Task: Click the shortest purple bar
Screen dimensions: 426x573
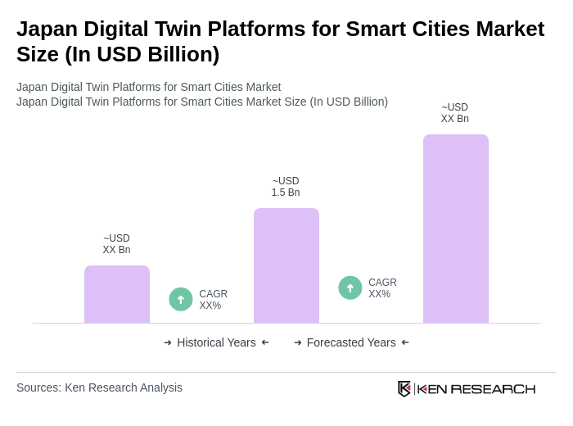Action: click(x=117, y=294)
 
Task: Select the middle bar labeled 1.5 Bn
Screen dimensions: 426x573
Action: click(x=286, y=265)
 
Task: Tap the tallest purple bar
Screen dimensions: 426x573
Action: click(x=456, y=229)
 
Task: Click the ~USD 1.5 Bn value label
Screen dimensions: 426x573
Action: click(x=286, y=187)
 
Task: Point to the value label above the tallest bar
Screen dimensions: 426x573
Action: click(x=455, y=113)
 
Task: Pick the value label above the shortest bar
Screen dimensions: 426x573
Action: click(x=116, y=244)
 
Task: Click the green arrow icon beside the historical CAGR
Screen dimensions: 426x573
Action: click(x=181, y=300)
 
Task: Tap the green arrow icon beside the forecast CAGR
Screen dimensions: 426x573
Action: click(x=350, y=288)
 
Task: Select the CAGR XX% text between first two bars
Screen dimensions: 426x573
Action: click(x=213, y=300)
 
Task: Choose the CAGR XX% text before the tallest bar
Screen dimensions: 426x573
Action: click(x=382, y=288)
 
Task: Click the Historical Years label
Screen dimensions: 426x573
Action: click(x=216, y=342)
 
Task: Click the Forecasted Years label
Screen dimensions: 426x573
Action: click(x=351, y=342)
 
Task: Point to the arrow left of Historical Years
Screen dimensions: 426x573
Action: click(x=168, y=342)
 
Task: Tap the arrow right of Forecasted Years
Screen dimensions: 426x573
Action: click(x=405, y=342)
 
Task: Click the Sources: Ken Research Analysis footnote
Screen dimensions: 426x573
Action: click(x=99, y=387)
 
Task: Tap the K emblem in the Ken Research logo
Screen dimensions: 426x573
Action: click(x=404, y=388)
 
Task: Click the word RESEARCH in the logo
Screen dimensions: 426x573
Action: click(x=493, y=388)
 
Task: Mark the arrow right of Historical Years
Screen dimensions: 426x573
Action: click(x=265, y=342)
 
